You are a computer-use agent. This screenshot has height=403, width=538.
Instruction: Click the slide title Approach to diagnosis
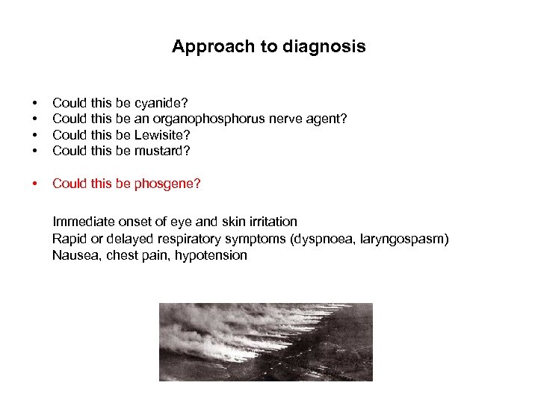268,46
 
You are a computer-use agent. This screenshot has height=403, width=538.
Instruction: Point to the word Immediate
81,222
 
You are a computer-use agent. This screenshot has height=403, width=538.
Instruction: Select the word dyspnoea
326,238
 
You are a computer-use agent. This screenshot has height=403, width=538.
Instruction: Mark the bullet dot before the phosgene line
34,184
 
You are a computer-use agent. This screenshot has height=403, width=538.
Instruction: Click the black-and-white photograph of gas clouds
265,342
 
